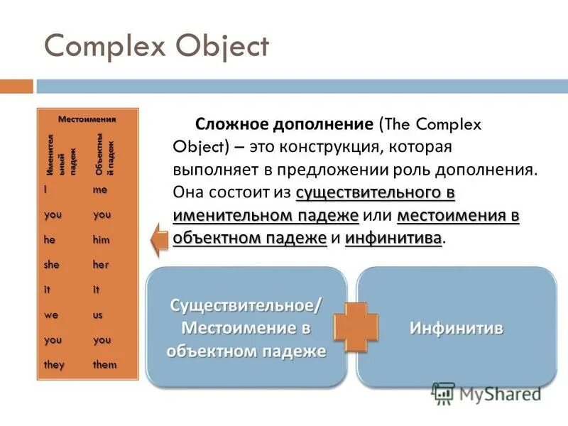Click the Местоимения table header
point(87,119)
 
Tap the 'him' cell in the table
point(102,240)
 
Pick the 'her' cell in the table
point(101,265)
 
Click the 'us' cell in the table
point(98,315)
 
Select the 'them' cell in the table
point(104,365)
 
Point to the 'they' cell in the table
point(54,365)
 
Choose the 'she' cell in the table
point(53,265)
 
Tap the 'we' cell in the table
point(50,315)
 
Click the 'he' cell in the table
point(49,240)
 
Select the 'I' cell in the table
point(45,190)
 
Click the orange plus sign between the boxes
point(351,327)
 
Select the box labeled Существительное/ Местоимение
point(246,327)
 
